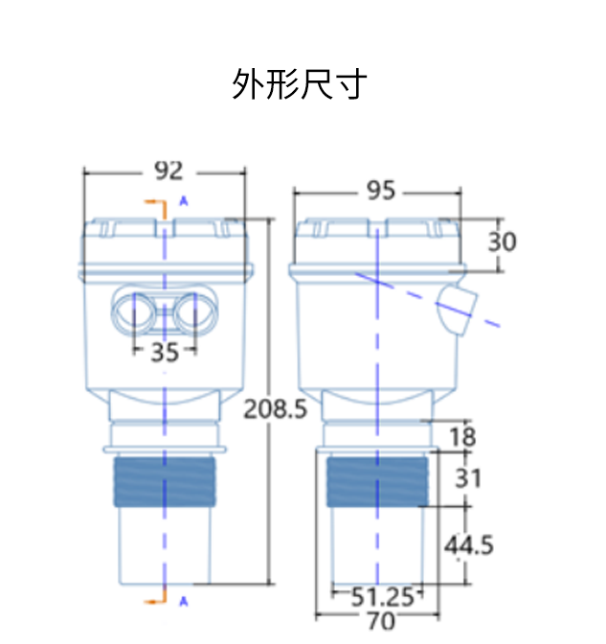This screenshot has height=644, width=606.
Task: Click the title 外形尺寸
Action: (299, 85)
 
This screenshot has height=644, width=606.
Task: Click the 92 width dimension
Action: (168, 171)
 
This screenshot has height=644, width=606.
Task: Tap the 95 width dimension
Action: (380, 191)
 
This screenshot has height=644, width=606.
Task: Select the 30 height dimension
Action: (502, 241)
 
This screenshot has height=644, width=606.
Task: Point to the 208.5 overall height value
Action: (275, 410)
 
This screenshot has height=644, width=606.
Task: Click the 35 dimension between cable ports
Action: (164, 352)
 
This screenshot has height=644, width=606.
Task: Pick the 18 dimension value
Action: (461, 437)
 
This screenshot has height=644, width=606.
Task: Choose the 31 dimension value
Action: (467, 476)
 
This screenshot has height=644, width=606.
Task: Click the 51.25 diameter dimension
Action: (380, 596)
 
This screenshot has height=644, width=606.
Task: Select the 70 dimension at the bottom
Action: (380, 621)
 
